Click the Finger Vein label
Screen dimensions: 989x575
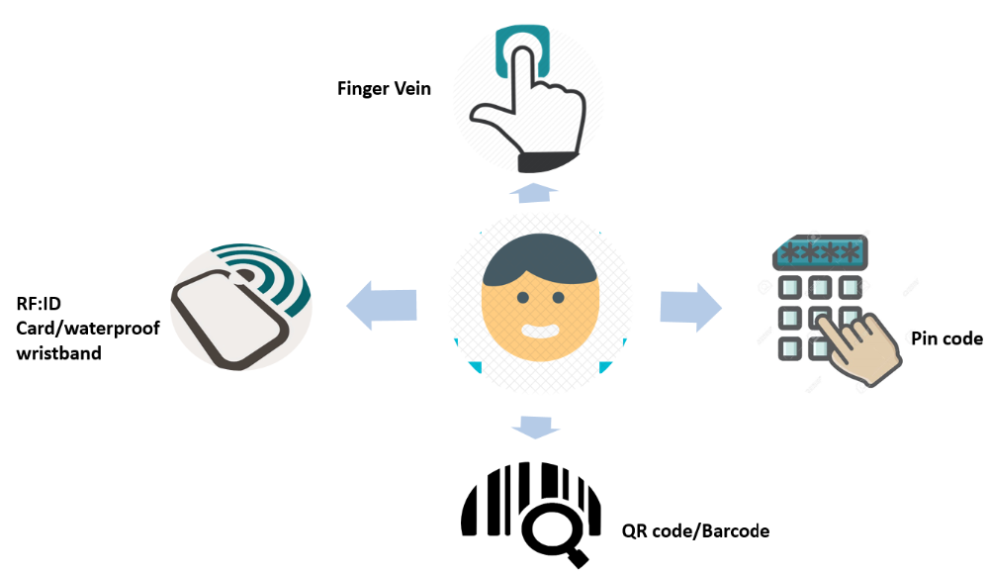pyautogui.click(x=384, y=88)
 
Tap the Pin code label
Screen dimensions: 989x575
pyautogui.click(x=946, y=338)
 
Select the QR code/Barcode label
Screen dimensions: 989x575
pyautogui.click(x=695, y=530)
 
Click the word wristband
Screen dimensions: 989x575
pyautogui.click(x=58, y=353)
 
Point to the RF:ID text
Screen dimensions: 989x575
pyautogui.click(x=39, y=304)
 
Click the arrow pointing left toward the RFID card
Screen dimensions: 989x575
pyautogui.click(x=382, y=306)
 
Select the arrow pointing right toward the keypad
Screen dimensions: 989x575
pyautogui.click(x=690, y=307)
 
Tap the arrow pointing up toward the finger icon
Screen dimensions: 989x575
pyautogui.click(x=534, y=193)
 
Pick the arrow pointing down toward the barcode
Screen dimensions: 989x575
pyautogui.click(x=535, y=427)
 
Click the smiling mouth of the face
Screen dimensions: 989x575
pyautogui.click(x=540, y=331)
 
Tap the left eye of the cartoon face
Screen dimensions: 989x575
pyautogui.click(x=523, y=297)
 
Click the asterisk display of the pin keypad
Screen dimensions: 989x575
pyautogui.click(x=820, y=253)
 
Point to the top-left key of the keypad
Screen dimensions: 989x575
pyautogui.click(x=790, y=288)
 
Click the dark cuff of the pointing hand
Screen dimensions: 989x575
pyautogui.click(x=547, y=162)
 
